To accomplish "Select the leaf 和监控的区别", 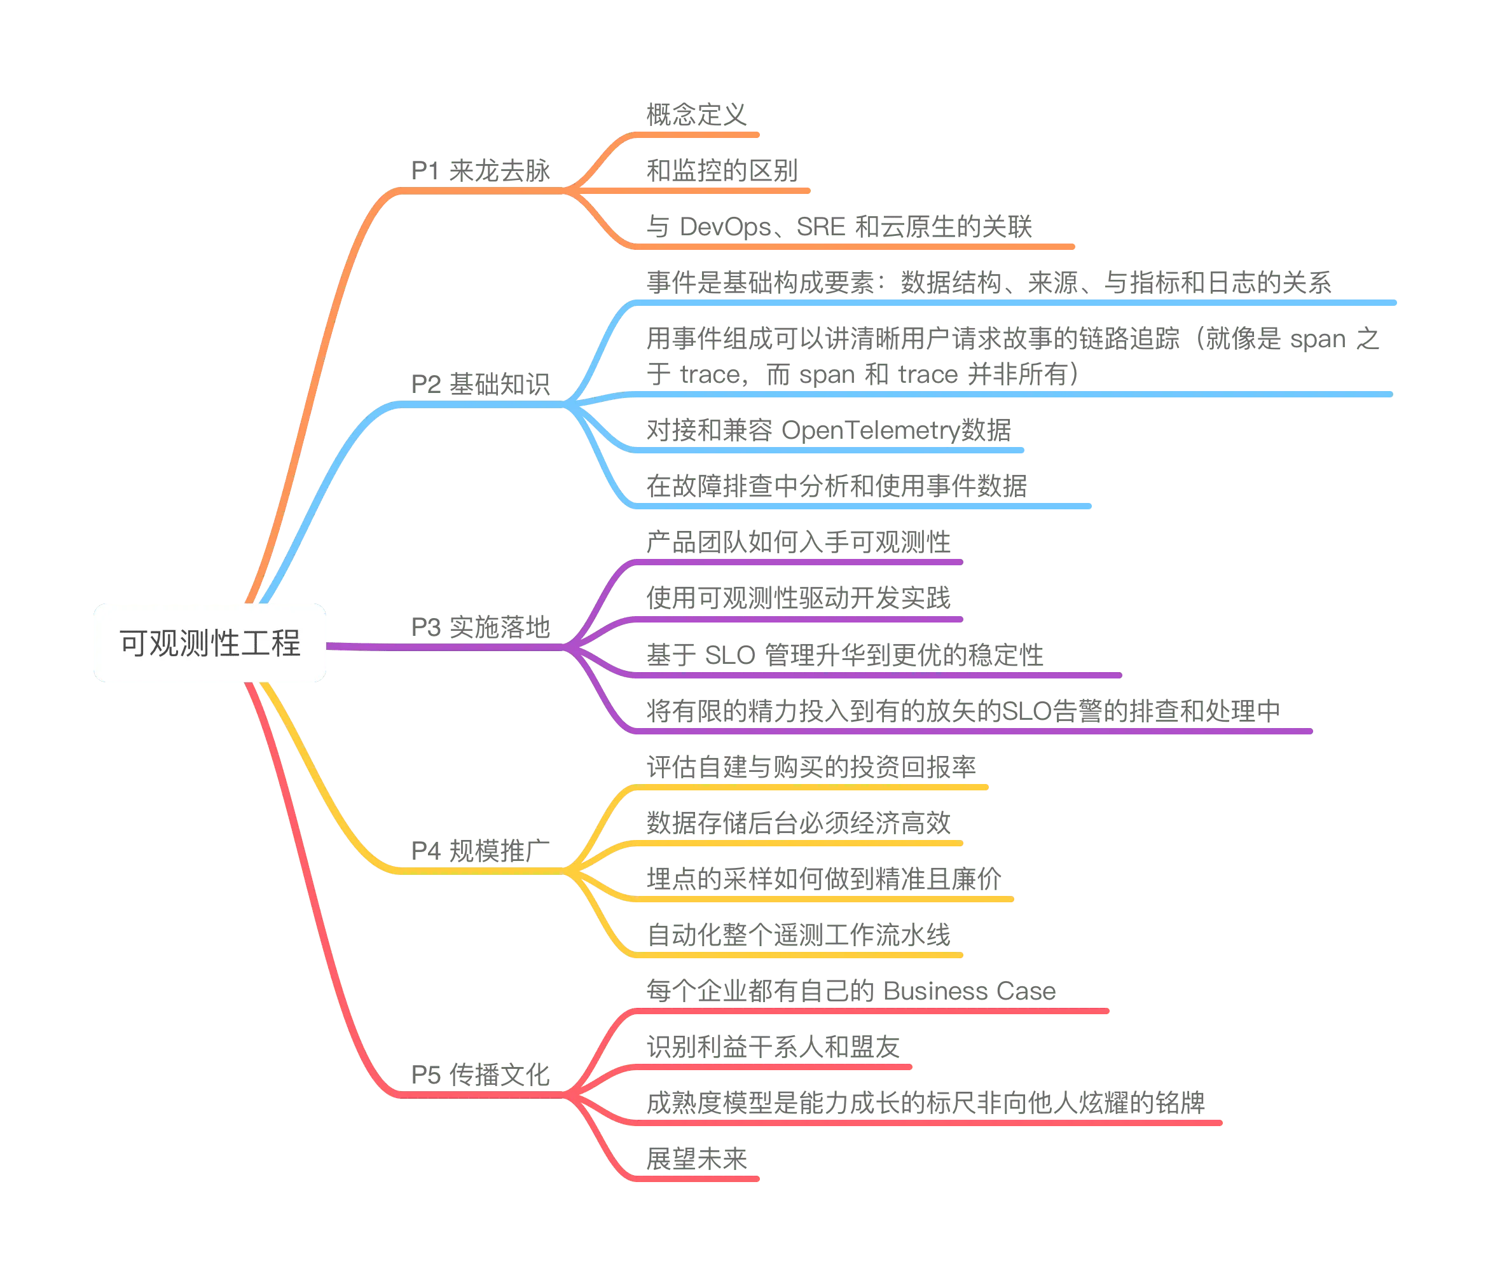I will tap(722, 170).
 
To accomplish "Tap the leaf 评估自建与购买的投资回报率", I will tap(811, 767).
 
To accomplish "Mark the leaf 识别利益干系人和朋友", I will tap(773, 1047).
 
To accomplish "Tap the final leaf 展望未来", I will tap(696, 1158).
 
